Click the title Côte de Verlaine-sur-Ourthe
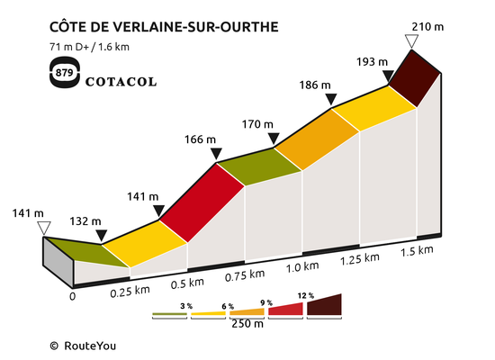[164, 27]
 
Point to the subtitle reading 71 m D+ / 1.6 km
[89, 47]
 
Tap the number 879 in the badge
[65, 73]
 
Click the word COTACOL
[121, 82]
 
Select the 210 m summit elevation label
[427, 27]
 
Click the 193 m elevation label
[373, 61]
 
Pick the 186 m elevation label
[315, 85]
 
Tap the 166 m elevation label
[200, 139]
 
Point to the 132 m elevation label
[85, 221]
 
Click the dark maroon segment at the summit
[415, 78]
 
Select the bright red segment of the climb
[202, 202]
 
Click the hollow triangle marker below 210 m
[411, 41]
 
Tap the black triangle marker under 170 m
[274, 139]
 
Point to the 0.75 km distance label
[245, 275]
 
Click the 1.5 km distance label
[417, 251]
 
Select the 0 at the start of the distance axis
[73, 296]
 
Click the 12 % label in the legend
[306, 295]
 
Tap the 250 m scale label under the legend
[247, 324]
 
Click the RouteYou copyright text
[83, 346]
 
